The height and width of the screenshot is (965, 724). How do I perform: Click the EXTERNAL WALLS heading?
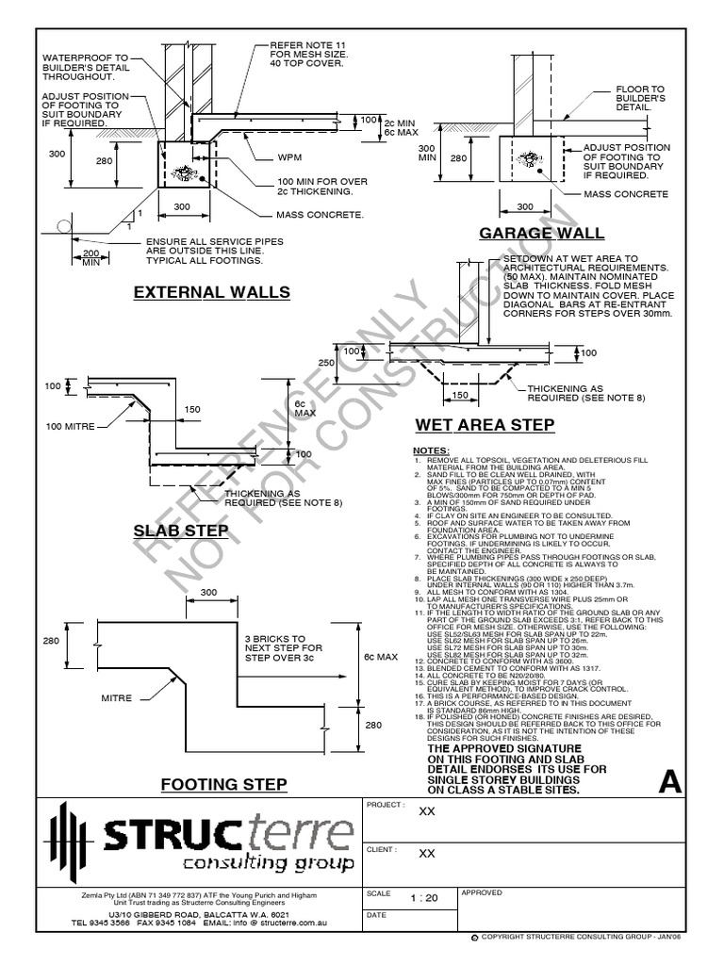[x=211, y=292]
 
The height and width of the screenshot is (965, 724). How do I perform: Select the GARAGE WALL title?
[x=541, y=234]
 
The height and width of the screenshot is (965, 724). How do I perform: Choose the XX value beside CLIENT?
[x=426, y=854]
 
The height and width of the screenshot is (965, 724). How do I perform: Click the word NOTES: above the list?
[x=432, y=450]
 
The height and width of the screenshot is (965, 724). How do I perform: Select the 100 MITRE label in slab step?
[x=70, y=426]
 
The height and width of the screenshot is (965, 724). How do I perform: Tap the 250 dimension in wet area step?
[x=327, y=362]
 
